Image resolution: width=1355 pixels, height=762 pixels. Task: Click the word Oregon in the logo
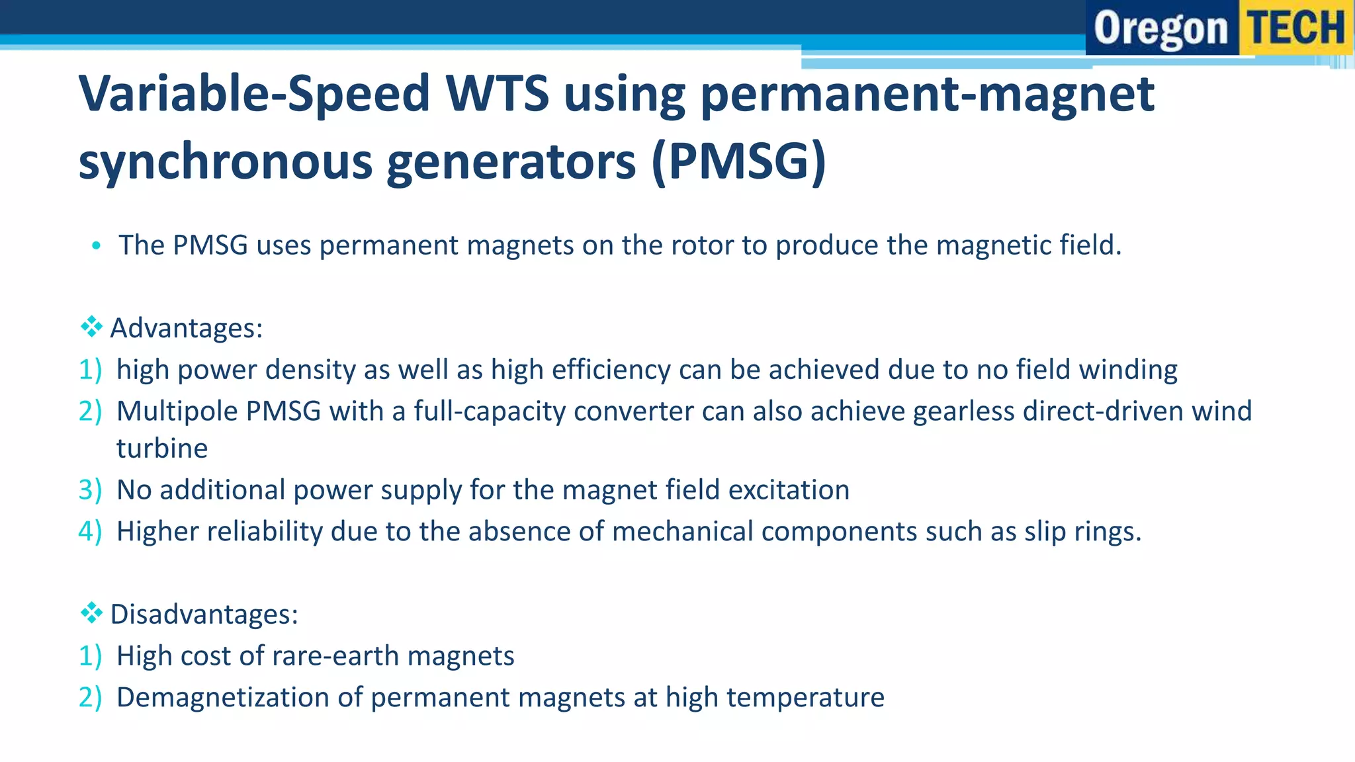click(x=1160, y=29)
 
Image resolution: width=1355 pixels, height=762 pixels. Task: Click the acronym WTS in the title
click(x=497, y=93)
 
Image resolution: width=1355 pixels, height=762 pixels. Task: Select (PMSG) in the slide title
click(x=738, y=161)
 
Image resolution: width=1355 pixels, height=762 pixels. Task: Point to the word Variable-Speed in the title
click(x=255, y=93)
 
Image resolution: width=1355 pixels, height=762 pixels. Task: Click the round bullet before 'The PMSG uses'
click(x=97, y=246)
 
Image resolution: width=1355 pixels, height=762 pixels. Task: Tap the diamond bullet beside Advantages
click(x=91, y=327)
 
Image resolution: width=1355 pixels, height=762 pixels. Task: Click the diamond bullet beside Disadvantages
click(x=91, y=613)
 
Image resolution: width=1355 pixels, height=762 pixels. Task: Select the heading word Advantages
click(x=186, y=328)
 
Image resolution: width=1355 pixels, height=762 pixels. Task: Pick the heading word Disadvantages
click(x=204, y=614)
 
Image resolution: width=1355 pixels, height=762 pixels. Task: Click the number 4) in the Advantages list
click(x=90, y=532)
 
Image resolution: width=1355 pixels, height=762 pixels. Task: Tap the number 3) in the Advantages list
click(x=90, y=490)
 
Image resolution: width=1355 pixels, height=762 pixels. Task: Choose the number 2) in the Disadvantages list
click(x=90, y=698)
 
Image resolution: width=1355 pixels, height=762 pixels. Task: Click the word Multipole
click(x=177, y=411)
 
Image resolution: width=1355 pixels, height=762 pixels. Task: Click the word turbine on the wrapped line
click(x=162, y=448)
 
